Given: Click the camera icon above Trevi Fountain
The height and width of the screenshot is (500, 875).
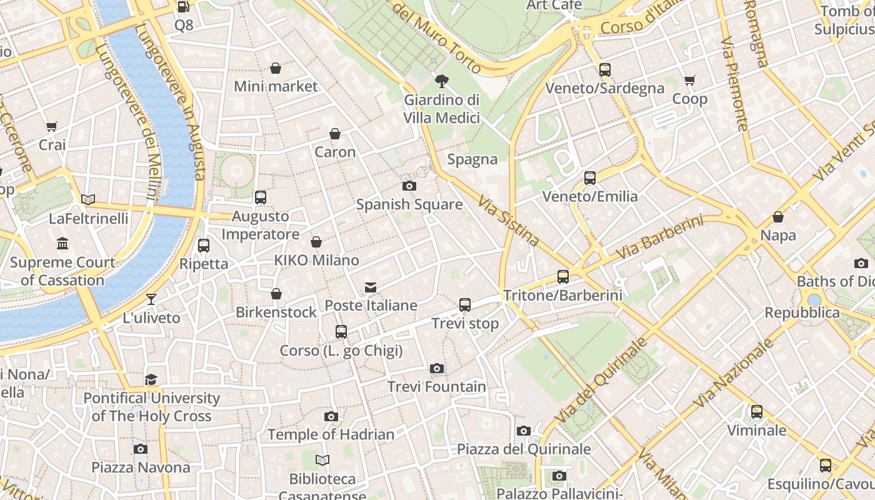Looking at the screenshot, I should point(437,369).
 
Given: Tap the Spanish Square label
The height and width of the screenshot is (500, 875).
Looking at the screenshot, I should point(409,204).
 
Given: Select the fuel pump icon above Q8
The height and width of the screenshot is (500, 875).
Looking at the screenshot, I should point(183,7).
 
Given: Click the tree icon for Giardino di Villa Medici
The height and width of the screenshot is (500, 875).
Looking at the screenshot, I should point(442,81).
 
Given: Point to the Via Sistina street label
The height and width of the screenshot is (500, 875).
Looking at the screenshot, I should point(509,221).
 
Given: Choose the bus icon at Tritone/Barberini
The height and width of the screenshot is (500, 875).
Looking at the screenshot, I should point(563,277).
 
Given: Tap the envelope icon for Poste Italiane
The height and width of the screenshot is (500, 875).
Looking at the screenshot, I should point(371,287).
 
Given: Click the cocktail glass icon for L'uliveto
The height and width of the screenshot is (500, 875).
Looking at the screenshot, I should point(151,299).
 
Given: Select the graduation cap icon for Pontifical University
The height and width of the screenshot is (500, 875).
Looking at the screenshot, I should point(151,380).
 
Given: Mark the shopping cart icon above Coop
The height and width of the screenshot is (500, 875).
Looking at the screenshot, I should point(690,81).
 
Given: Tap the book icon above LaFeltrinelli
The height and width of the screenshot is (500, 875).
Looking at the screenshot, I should point(88,200).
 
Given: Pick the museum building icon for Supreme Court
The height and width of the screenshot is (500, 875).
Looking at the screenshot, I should point(62,243).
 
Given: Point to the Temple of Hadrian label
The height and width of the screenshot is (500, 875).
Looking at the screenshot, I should point(331,434).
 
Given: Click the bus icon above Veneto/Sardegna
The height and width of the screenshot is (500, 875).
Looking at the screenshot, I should point(604,69).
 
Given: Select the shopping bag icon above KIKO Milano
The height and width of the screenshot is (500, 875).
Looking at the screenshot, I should point(316,242).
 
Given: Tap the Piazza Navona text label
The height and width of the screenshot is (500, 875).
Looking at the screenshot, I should point(141,467).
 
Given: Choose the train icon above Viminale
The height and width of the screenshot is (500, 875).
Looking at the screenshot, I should point(757,412).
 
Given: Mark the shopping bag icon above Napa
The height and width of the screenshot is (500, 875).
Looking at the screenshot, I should point(778,217).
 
